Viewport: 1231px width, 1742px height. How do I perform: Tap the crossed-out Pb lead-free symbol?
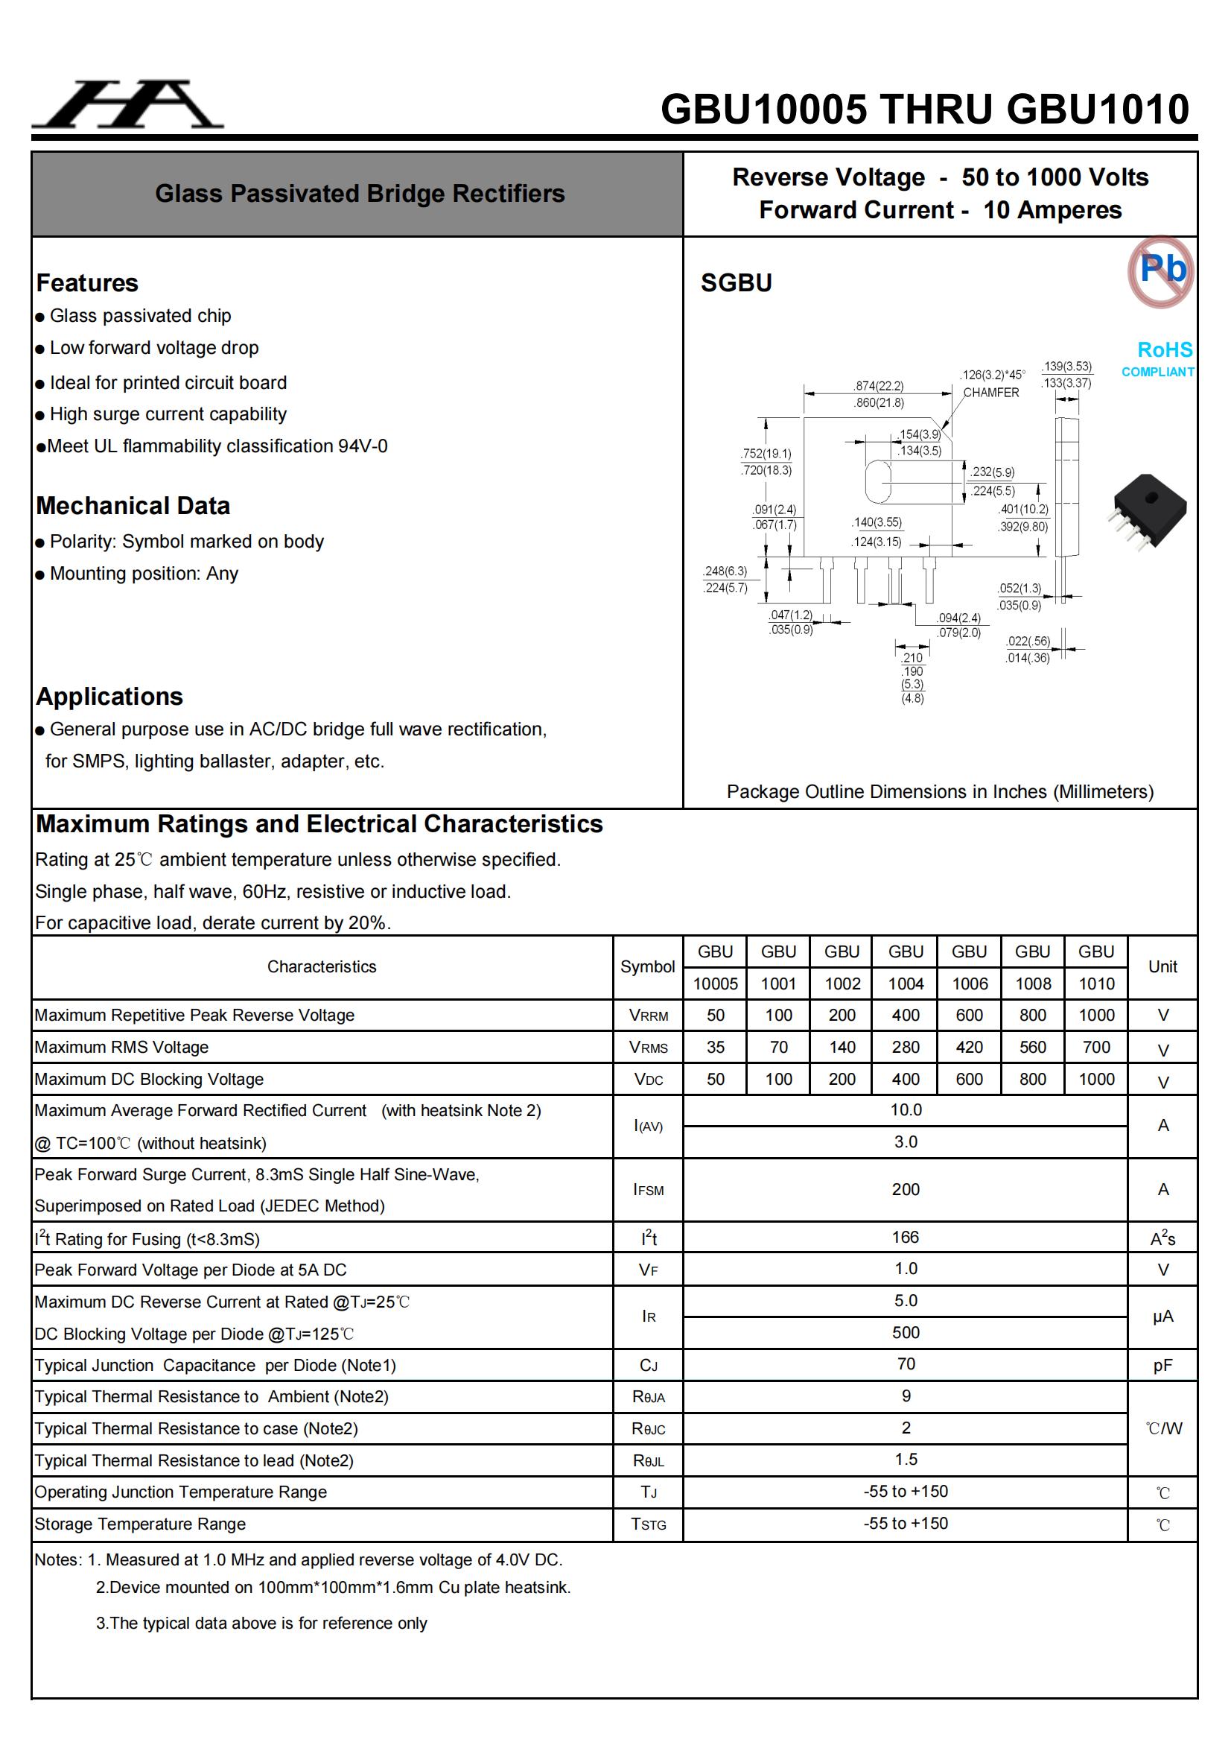[1160, 271]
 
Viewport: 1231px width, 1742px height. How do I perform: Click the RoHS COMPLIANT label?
[1158, 358]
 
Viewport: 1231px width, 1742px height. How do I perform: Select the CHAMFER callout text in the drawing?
[990, 392]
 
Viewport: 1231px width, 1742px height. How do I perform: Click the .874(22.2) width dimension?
[878, 385]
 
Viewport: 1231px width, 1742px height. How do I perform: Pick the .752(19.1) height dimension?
[766, 453]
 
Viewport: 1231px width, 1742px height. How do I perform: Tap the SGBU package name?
[736, 283]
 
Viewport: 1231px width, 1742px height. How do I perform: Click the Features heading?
[87, 283]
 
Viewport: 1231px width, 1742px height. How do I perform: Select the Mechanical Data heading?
[133, 506]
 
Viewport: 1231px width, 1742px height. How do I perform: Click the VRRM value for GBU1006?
[969, 1015]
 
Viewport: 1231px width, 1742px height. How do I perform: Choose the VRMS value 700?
[1096, 1047]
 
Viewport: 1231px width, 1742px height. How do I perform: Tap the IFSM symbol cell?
[648, 1190]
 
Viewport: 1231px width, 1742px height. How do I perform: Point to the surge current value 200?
[905, 1190]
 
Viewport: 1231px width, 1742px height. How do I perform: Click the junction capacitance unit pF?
[1162, 1366]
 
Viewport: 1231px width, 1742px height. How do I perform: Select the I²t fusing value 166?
[905, 1238]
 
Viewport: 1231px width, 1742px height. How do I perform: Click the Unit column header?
[1162, 966]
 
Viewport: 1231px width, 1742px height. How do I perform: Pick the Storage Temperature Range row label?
[140, 1524]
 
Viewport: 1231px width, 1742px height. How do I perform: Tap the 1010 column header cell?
[1096, 984]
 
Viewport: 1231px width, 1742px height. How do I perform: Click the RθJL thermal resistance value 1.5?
[905, 1460]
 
